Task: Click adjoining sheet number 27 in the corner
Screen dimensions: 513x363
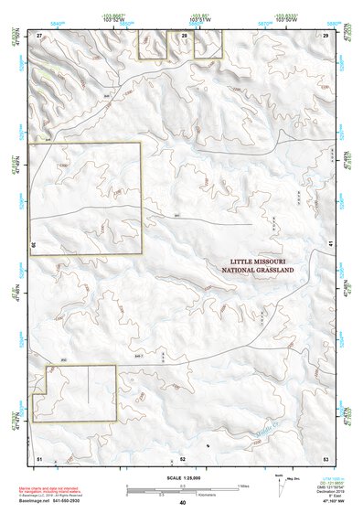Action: pyautogui.click(x=39, y=34)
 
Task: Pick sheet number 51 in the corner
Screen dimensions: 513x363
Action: pyautogui.click(x=39, y=457)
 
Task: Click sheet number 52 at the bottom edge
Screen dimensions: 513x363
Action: pyautogui.click(x=183, y=457)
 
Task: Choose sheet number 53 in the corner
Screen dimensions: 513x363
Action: pyautogui.click(x=325, y=457)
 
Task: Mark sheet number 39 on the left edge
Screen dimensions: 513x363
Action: pyautogui.click(x=34, y=245)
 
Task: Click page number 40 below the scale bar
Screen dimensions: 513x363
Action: pyautogui.click(x=183, y=503)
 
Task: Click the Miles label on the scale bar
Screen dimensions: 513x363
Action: pyautogui.click(x=243, y=486)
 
